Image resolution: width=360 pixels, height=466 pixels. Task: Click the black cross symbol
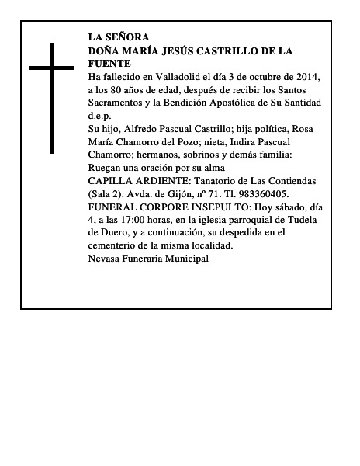(53, 98)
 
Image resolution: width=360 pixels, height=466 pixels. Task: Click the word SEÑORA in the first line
(126, 37)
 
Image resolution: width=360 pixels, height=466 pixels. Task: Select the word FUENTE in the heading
(109, 63)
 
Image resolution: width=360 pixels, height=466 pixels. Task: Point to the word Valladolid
(170, 78)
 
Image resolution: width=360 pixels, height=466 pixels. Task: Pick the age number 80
(121, 90)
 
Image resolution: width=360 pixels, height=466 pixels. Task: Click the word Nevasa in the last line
(106, 257)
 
